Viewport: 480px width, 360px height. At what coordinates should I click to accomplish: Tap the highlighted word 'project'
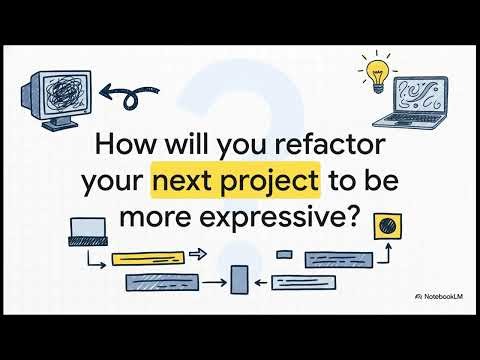tap(271, 182)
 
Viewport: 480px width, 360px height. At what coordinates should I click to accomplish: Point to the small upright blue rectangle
tap(239, 281)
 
